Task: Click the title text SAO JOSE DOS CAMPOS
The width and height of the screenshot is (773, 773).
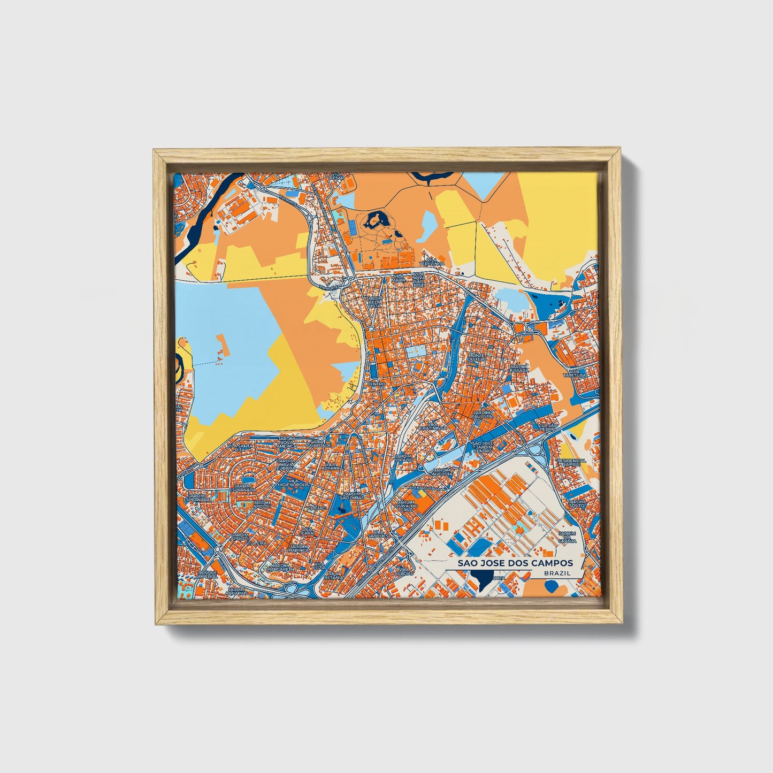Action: [x=515, y=563]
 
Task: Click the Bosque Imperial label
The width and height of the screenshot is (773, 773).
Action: [x=207, y=573]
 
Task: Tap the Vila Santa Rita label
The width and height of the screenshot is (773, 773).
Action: [x=240, y=447]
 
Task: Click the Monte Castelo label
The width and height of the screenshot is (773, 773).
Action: [x=478, y=357]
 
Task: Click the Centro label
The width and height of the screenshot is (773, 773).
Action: [x=377, y=384]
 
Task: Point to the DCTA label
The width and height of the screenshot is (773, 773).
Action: [x=499, y=578]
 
